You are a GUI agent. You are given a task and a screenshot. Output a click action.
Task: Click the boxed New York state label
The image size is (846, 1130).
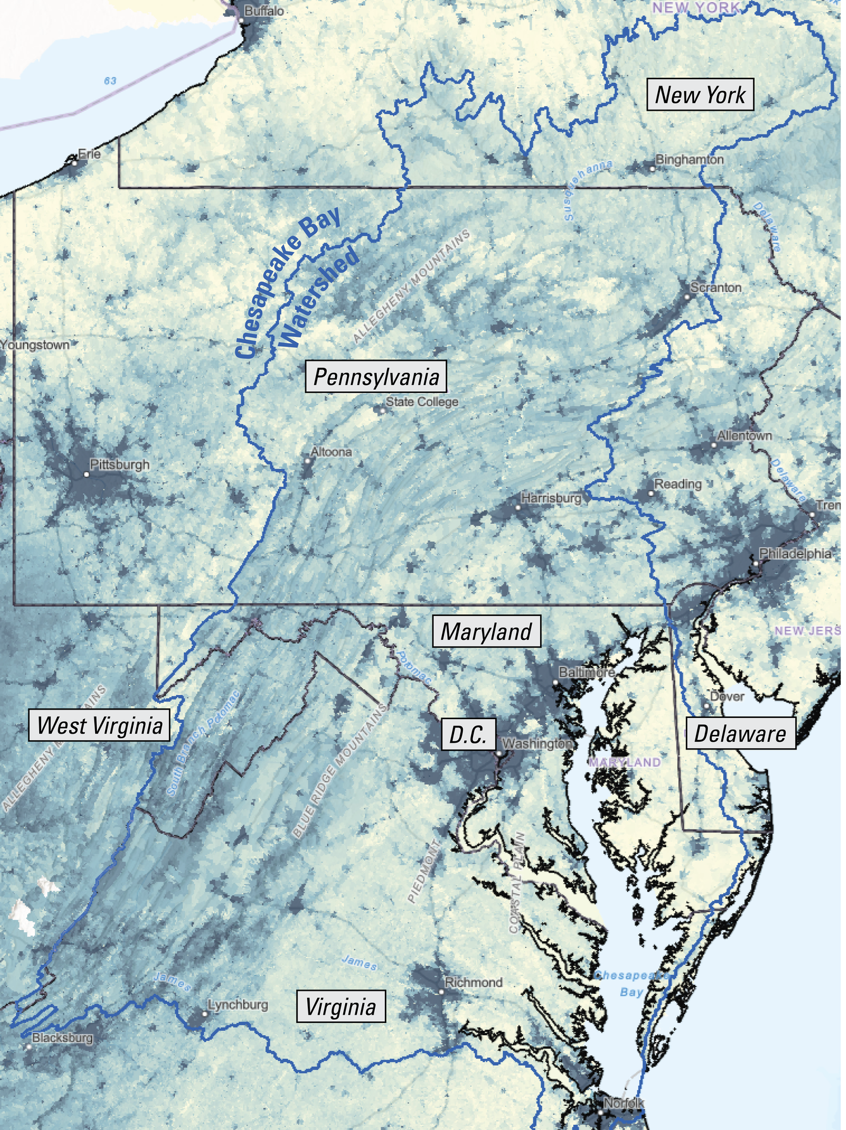click(700, 95)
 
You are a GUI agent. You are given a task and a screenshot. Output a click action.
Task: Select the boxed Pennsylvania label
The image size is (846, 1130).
click(376, 377)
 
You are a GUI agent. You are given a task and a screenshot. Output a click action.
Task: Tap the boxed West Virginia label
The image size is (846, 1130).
click(99, 725)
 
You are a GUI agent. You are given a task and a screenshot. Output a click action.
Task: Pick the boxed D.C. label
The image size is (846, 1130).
click(468, 734)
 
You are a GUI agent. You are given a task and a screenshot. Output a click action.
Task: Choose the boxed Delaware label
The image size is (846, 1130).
click(740, 733)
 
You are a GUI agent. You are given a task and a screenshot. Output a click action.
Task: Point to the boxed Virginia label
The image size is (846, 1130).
click(341, 1006)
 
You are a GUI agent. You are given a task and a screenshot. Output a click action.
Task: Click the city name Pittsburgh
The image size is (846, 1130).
click(120, 464)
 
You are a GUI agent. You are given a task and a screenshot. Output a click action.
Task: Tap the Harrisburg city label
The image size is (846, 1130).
click(551, 498)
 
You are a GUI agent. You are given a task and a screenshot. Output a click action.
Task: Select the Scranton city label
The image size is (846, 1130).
click(716, 287)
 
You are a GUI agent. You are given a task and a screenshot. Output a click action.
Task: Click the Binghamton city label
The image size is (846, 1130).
click(689, 160)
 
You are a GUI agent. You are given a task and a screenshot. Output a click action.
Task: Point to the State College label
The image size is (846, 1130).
click(422, 401)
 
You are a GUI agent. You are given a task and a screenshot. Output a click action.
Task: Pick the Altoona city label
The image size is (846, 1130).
click(331, 452)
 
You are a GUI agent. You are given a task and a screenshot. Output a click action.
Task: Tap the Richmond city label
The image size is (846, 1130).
click(473, 982)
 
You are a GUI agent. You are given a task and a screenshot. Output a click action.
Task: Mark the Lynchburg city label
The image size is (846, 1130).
click(238, 1005)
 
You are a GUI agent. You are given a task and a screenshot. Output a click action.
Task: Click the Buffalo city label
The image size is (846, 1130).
click(264, 11)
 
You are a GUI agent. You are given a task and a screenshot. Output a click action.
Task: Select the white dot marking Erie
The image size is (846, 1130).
click(74, 163)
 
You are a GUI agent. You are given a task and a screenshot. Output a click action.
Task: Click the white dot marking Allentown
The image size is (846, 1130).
click(714, 445)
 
